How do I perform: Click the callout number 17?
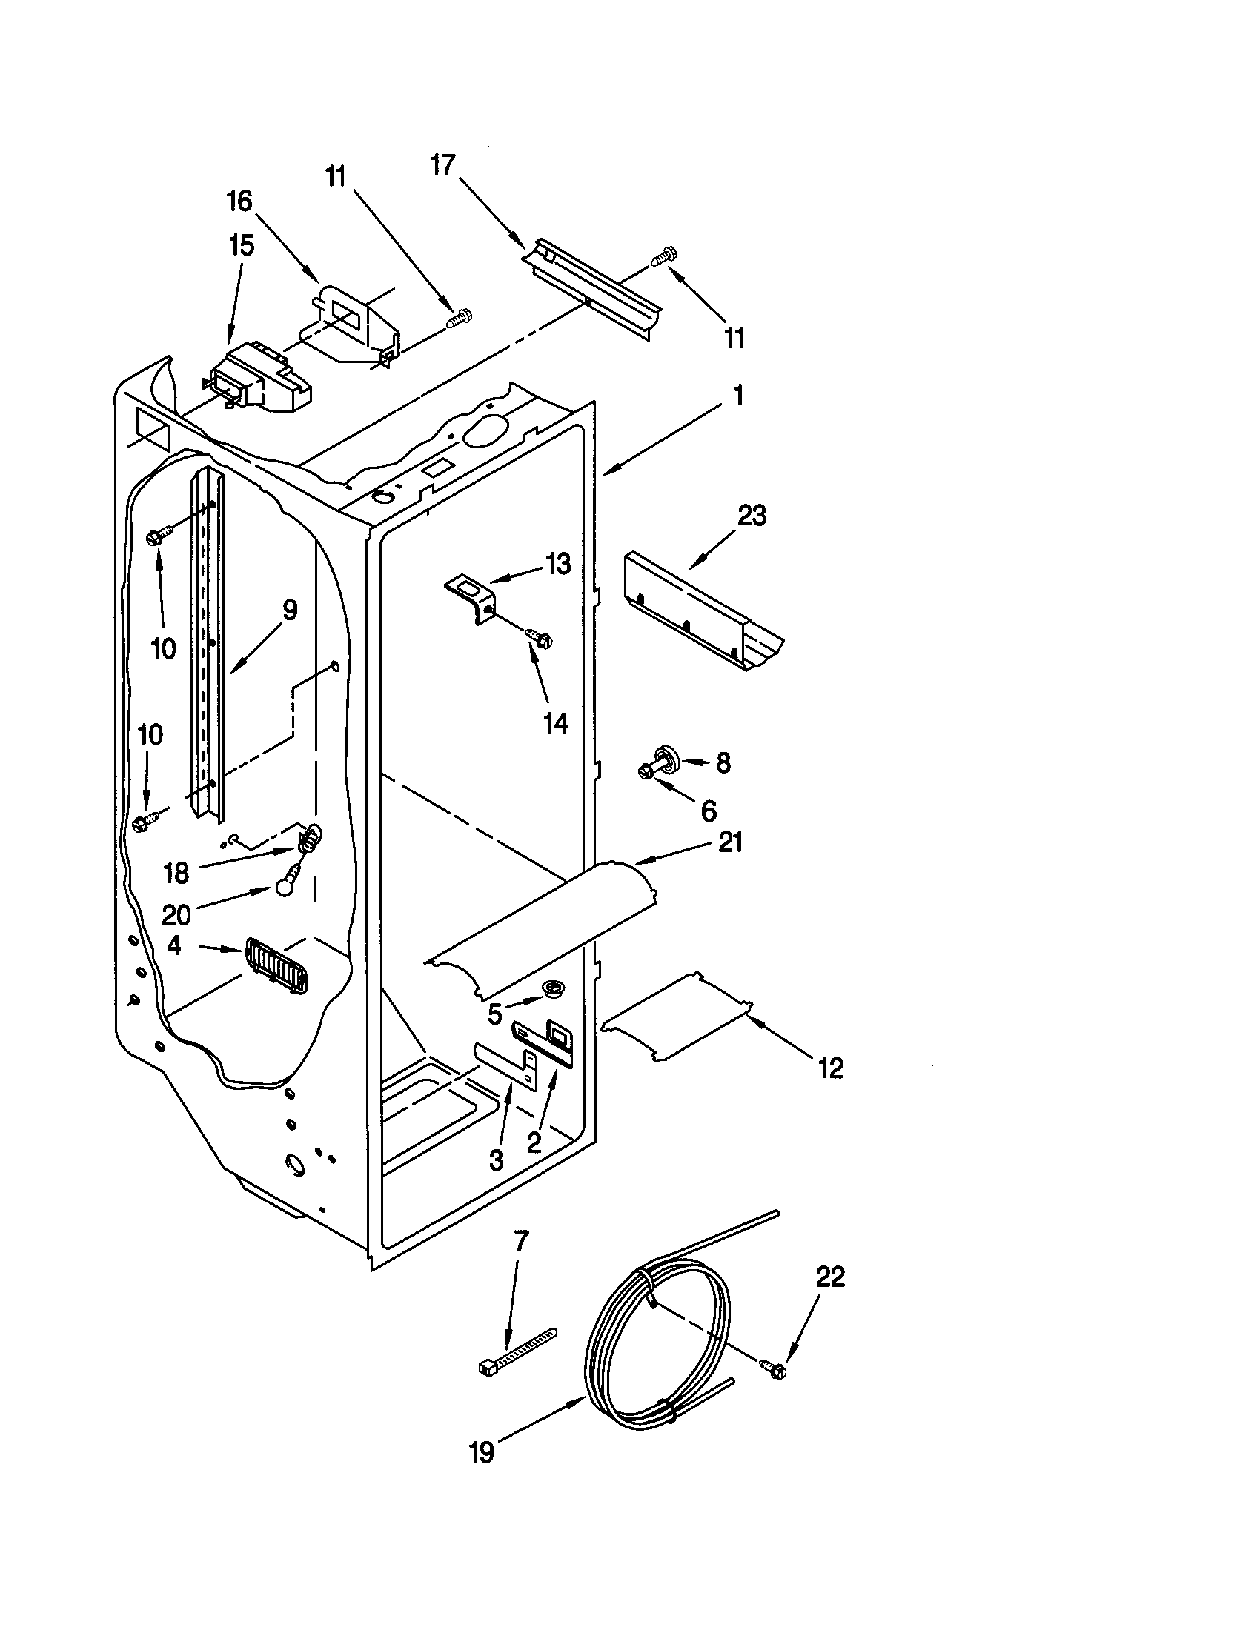pos(442,164)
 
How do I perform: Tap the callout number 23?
pos(752,516)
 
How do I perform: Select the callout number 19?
pos(482,1452)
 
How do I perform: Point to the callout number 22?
pos(829,1277)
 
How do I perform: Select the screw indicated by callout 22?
pos(772,1368)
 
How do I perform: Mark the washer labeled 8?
pos(663,755)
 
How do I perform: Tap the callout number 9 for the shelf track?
pos(289,611)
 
